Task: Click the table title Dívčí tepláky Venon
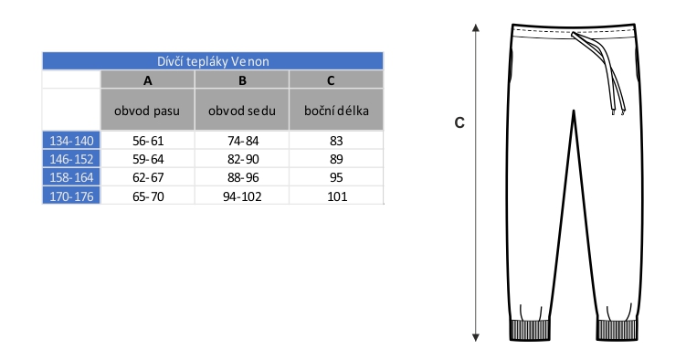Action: pos(213,61)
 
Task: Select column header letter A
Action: pos(148,80)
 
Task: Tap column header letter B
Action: pos(242,80)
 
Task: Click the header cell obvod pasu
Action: pos(147,111)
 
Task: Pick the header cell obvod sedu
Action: pos(242,111)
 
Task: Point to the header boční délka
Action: pos(336,111)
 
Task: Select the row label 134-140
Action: pos(71,141)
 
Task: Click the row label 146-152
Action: pos(71,159)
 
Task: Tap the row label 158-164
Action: pos(71,177)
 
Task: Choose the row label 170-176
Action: pos(71,196)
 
